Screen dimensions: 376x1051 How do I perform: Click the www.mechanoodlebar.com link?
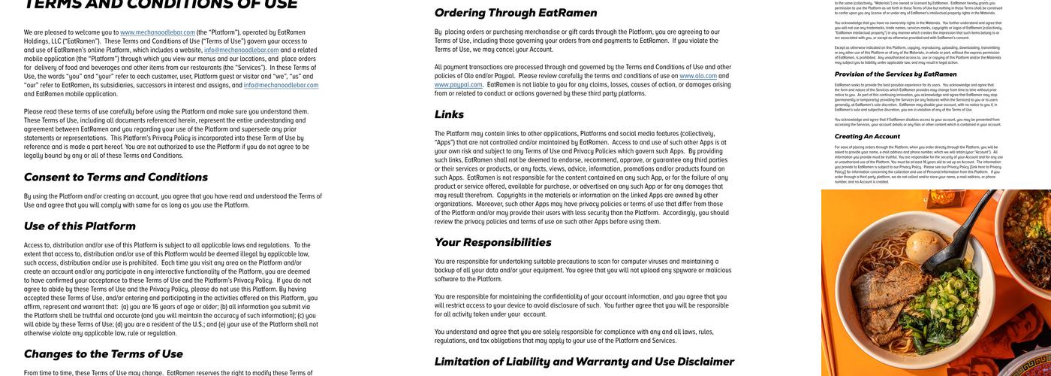point(158,32)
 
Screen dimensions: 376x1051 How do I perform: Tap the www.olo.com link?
point(698,76)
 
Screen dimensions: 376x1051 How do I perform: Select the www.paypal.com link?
point(458,85)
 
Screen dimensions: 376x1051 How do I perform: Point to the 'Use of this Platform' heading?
point(80,226)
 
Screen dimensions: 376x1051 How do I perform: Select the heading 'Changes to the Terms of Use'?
point(103,354)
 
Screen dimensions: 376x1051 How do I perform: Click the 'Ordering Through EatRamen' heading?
point(515,13)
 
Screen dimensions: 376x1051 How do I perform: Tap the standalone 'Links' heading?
point(449,114)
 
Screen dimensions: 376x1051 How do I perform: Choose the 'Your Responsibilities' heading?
point(492,242)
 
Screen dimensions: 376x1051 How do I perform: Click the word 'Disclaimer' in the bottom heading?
point(695,362)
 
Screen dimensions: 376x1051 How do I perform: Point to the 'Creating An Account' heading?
point(867,136)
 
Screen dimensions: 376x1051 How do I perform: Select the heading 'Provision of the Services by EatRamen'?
point(896,74)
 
